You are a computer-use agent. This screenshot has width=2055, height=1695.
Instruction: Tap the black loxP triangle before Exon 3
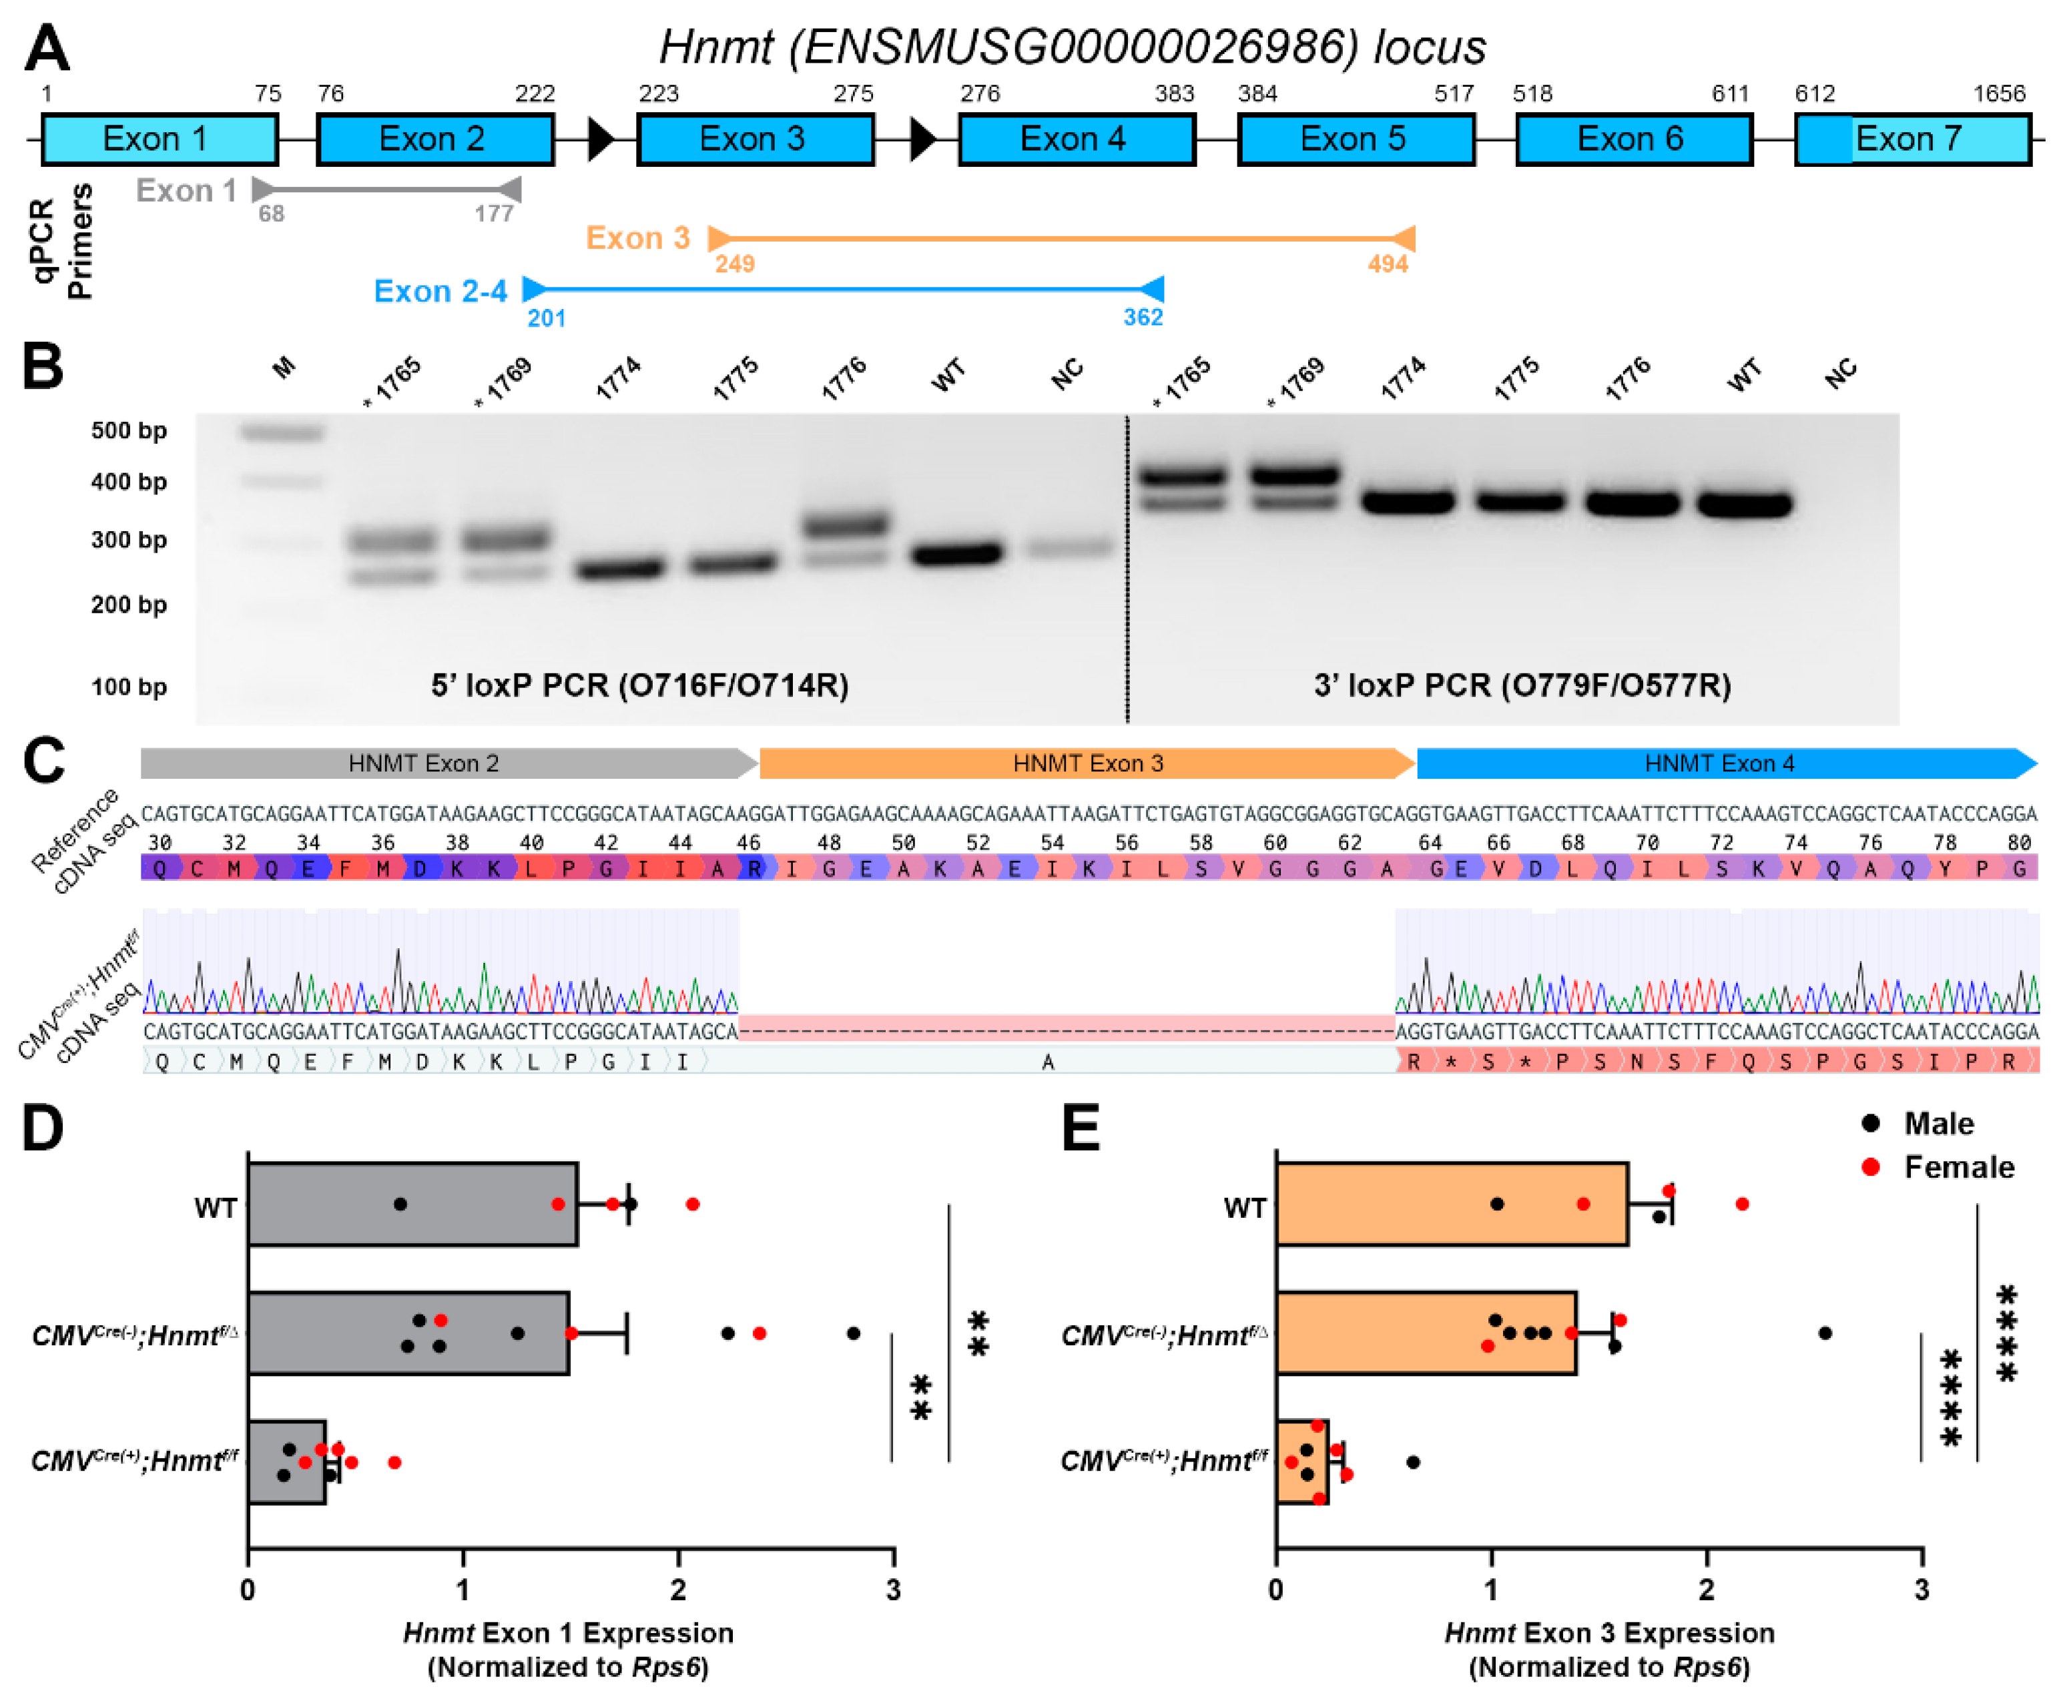coord(599,139)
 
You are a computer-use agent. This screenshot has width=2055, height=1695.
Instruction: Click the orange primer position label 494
coord(1387,264)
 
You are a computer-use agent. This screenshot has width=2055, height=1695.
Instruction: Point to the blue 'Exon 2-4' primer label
coord(440,291)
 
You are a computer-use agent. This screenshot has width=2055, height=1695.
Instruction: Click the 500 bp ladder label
coord(128,430)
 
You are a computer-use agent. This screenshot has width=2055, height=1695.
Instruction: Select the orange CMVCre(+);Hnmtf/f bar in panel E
coord(1300,1461)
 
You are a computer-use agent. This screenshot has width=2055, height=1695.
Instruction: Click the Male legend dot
coord(1869,1123)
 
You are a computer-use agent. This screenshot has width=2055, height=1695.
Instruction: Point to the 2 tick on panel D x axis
coord(678,1590)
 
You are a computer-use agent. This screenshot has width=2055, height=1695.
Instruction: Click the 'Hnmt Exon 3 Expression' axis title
coord(1608,1632)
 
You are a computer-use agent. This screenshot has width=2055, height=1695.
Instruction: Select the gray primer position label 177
coord(493,213)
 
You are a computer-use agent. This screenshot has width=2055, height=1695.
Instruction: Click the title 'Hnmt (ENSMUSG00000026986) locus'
coord(1071,46)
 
